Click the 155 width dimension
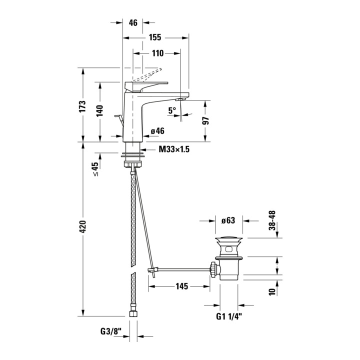tap(155, 37)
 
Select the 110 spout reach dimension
tap(157, 53)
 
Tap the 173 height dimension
tap(82, 106)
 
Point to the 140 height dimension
tap(99, 110)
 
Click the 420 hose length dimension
tap(82, 226)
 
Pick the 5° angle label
tap(172, 110)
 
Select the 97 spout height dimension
tap(205, 121)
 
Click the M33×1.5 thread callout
tap(174, 149)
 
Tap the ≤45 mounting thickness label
tap(95, 169)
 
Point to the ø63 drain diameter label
tap(228, 220)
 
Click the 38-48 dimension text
tap(272, 220)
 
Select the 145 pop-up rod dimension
tap(182, 286)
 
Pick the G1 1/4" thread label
tap(229, 316)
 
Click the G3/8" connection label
tap(110, 331)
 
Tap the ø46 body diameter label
tap(157, 131)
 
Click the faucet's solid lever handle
tap(146, 86)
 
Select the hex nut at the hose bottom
tap(133, 313)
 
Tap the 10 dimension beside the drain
tap(272, 292)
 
